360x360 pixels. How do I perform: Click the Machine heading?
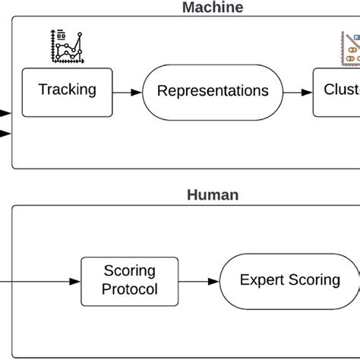click(213, 8)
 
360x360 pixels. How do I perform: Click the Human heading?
click(213, 195)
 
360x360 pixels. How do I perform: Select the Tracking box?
click(68, 90)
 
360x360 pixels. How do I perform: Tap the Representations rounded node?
click(212, 91)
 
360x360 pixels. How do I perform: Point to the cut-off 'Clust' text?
click(341, 90)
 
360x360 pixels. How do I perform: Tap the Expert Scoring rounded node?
click(289, 280)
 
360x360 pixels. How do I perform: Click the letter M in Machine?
click(188, 8)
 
